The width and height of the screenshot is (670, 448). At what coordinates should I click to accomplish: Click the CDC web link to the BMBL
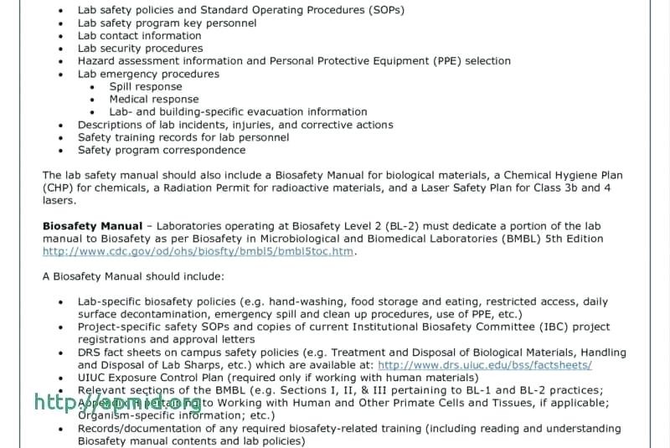[x=198, y=251]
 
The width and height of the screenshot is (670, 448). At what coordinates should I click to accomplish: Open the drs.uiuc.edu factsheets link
[x=485, y=365]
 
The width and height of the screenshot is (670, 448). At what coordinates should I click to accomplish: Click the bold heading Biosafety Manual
[x=92, y=226]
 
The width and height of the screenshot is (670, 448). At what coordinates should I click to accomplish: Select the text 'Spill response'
[x=145, y=86]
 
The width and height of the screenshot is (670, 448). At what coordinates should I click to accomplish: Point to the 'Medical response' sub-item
[x=153, y=99]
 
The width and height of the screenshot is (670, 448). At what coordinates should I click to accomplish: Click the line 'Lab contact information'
[x=139, y=36]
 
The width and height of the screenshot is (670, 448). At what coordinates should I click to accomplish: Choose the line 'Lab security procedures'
[x=140, y=49]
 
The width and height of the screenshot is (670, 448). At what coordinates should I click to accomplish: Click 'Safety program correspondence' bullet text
[x=162, y=150]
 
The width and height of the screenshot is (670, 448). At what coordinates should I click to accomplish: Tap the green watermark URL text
[x=117, y=402]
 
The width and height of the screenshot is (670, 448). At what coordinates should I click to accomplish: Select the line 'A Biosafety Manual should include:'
[x=133, y=276]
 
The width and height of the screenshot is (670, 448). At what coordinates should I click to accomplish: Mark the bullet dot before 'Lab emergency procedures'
[x=60, y=75]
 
